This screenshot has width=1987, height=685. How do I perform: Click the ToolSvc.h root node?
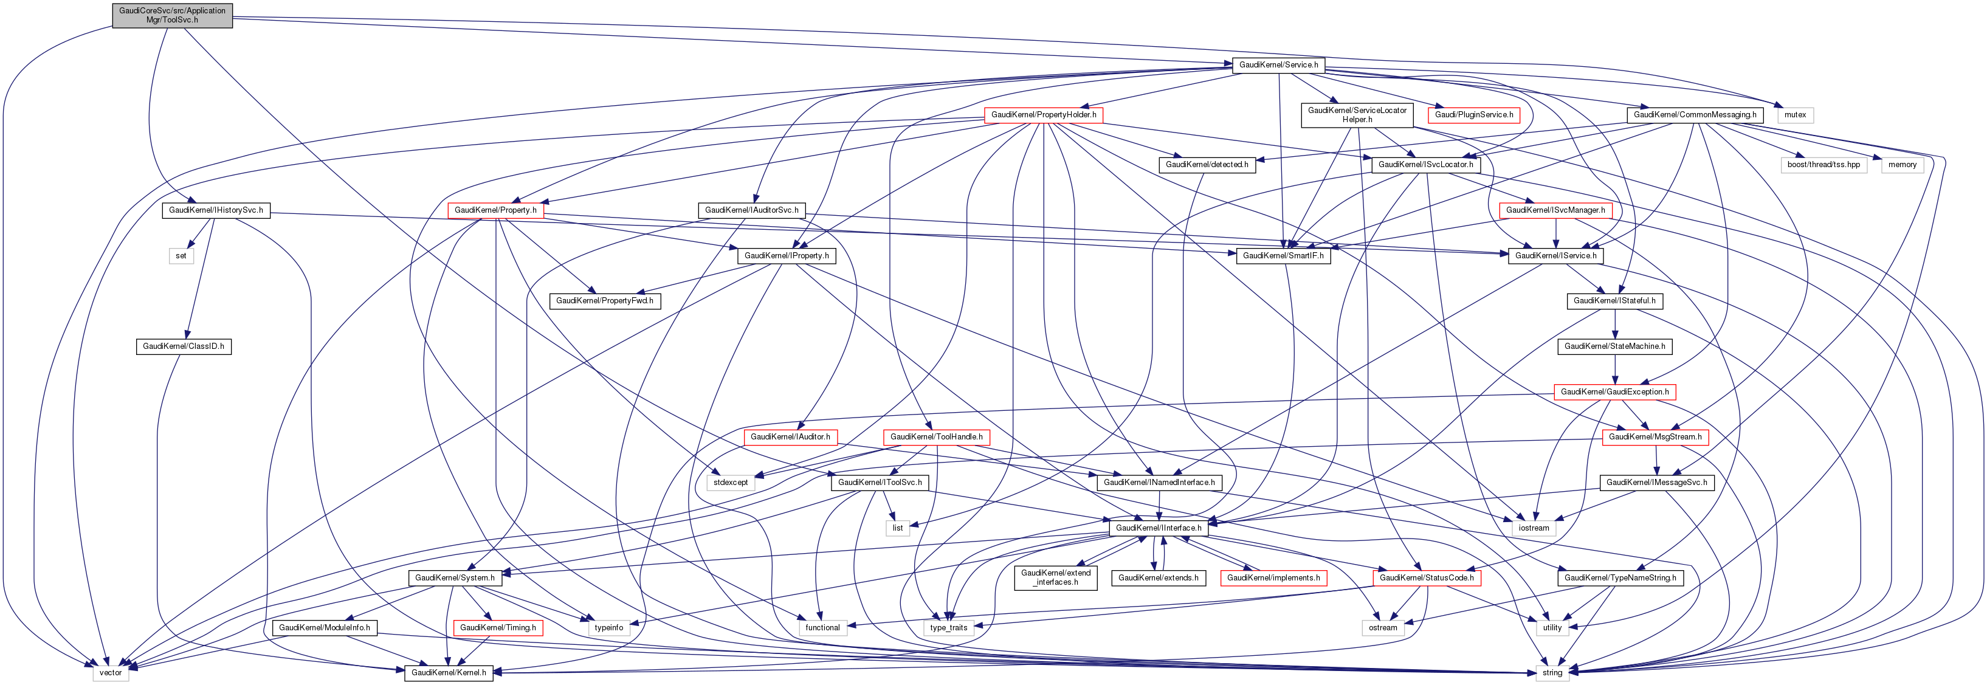[172, 15]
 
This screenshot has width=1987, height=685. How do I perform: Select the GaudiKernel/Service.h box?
[1278, 65]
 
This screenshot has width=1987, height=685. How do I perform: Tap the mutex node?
[1795, 115]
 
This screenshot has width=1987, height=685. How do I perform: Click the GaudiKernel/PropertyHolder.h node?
[1043, 115]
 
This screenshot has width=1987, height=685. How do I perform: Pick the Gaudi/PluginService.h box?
[1473, 115]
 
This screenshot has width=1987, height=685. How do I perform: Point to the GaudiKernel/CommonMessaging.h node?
[1695, 115]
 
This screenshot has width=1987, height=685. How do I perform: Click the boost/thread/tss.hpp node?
[1823, 165]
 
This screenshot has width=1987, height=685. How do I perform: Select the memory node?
[1902, 165]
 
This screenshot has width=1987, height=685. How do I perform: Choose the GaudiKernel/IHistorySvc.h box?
[215, 210]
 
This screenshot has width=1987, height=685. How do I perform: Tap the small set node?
[181, 256]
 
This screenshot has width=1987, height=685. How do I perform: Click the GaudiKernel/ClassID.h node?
[184, 346]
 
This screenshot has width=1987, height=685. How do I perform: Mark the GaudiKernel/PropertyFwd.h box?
[604, 301]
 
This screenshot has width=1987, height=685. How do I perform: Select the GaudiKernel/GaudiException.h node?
[1614, 392]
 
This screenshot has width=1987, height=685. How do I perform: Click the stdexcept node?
[729, 483]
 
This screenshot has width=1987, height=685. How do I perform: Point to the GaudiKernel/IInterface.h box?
[1158, 528]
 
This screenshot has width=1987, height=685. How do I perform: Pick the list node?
[897, 528]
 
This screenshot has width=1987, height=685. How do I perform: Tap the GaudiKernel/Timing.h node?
[498, 628]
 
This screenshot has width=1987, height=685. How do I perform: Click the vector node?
[110, 673]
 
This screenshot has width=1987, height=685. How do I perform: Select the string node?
[1552, 673]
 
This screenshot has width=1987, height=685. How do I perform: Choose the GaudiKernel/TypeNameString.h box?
[1620, 578]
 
